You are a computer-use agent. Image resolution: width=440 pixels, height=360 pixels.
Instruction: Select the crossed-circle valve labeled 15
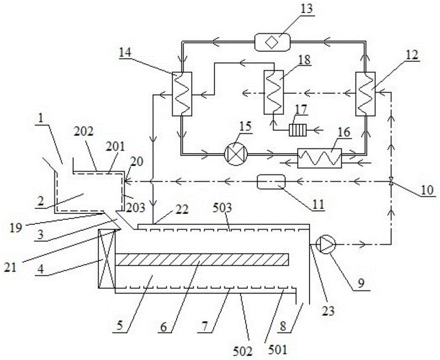[x=236, y=154]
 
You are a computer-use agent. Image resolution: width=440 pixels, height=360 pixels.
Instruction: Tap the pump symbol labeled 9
[x=326, y=245]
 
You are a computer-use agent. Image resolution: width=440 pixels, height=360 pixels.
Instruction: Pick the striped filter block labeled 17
[x=298, y=131]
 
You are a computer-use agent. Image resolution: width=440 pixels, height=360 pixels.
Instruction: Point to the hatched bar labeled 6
[x=202, y=259]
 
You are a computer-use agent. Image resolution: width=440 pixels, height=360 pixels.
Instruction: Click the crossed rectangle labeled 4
[x=106, y=259]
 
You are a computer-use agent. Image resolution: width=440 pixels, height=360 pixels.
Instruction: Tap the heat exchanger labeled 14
[x=182, y=94]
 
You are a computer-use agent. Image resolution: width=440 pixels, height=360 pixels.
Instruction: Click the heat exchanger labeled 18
[x=274, y=92]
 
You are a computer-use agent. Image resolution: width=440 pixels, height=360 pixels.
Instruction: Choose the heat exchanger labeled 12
[x=365, y=94]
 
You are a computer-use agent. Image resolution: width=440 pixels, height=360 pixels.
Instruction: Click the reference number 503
[x=224, y=209]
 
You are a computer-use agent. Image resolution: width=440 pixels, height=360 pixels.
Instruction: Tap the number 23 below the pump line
[x=328, y=311]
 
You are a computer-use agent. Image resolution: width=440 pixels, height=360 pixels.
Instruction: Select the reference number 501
[x=278, y=350]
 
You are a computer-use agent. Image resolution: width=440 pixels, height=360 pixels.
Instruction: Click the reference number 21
[x=11, y=268]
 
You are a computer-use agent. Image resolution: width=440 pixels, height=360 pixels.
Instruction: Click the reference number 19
[x=16, y=228]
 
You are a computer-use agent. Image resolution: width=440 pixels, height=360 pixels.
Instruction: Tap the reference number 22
[x=183, y=210]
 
